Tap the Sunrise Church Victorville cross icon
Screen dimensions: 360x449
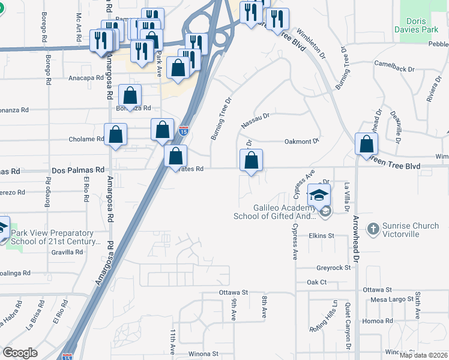[373, 229]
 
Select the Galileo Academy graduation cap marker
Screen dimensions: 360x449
[319, 194]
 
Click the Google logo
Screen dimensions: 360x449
[20, 353]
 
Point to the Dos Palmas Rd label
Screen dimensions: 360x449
[78, 170]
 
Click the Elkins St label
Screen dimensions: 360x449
[321, 236]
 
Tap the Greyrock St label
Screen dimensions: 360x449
[333, 268]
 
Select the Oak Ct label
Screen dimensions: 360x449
[316, 282]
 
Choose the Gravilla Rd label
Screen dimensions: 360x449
[67, 252]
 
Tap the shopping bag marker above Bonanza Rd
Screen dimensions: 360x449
[130, 95]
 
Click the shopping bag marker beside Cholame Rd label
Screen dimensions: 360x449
[115, 135]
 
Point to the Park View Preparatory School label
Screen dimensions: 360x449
[55, 237]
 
